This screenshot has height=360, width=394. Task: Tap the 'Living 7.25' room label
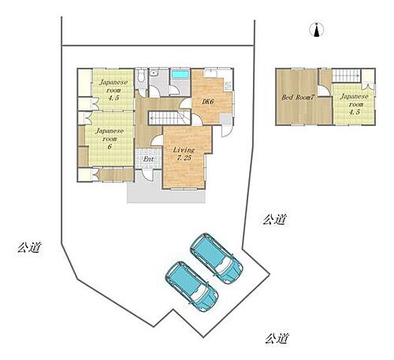click(x=184, y=154)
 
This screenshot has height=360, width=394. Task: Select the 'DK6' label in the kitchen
click(x=206, y=102)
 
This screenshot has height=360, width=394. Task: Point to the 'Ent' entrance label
click(x=148, y=160)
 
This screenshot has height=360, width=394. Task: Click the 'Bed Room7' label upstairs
click(x=299, y=98)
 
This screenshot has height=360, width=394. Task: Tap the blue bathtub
click(x=180, y=75)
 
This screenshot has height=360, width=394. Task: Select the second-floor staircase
click(x=345, y=76)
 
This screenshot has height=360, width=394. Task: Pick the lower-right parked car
click(x=191, y=285)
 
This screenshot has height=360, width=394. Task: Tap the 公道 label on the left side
click(x=28, y=247)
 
